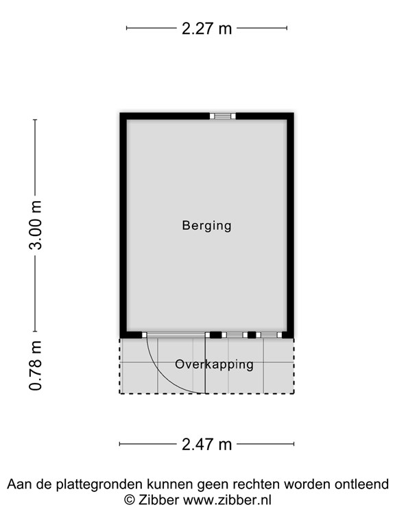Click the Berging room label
[x=206, y=226]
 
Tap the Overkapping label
[x=214, y=364]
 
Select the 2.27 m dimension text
[x=206, y=28]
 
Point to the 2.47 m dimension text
[x=206, y=445]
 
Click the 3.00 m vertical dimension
[x=35, y=225]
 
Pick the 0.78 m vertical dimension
[x=35, y=366]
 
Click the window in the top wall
[x=223, y=116]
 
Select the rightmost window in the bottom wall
[x=269, y=335]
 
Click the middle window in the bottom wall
[x=235, y=335]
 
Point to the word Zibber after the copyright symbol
[x=158, y=500]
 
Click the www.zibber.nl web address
[x=227, y=500]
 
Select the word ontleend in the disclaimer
[x=362, y=484]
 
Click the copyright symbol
[x=130, y=500]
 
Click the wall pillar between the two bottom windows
[x=252, y=335]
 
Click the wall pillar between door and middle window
[x=215, y=335]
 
